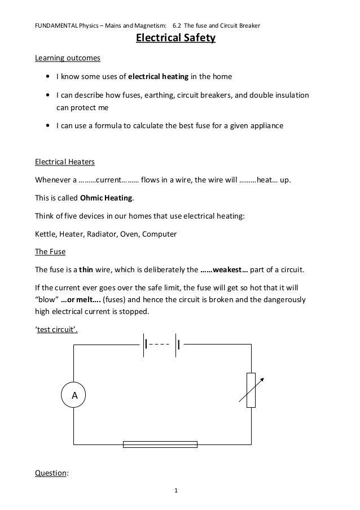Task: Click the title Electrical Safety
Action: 175,39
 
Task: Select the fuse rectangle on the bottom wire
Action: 160,444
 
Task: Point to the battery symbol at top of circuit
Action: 163,343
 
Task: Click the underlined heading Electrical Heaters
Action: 65,162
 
